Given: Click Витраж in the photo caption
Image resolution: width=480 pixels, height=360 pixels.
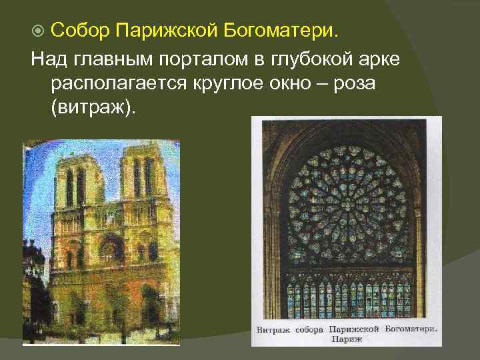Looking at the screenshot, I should click(275, 330).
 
